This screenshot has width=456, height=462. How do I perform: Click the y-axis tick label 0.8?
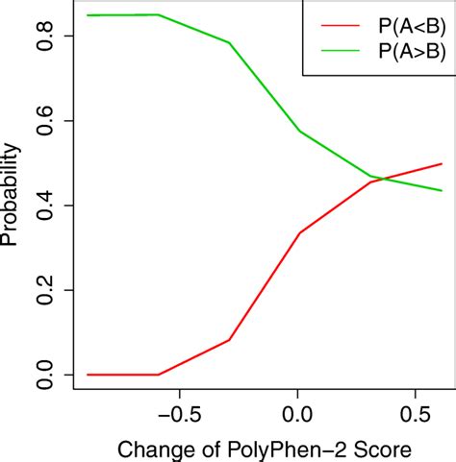coord(41,36)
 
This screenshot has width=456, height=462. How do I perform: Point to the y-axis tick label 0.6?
coord(41,121)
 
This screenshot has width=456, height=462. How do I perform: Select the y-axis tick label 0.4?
coord(41,206)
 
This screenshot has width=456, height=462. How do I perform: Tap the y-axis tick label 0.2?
coord(41,290)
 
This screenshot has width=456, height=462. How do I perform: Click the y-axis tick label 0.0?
coord(41,375)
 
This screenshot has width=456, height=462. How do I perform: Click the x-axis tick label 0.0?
coord(298,416)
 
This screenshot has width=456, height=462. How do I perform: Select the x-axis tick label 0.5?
coord(414,416)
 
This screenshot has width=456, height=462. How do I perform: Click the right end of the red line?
coord(442,164)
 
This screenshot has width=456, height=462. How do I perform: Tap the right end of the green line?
coord(442,190)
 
